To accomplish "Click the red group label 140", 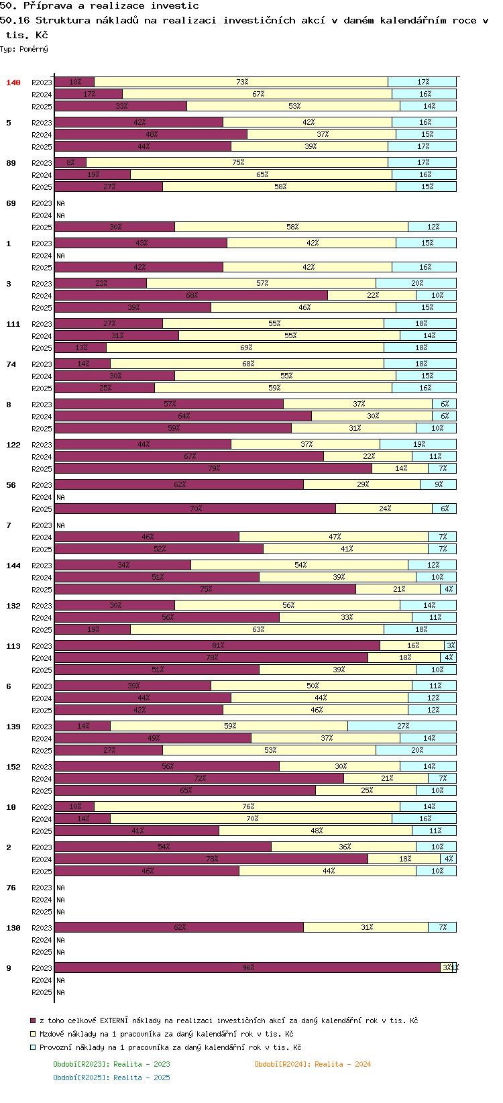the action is pyautogui.click(x=13, y=83).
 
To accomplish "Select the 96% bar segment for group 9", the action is pyautogui.click(x=247, y=967).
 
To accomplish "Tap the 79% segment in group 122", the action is pyautogui.click(x=213, y=468).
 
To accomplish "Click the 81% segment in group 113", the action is pyautogui.click(x=217, y=645).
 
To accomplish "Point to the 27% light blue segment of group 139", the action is pyautogui.click(x=402, y=726).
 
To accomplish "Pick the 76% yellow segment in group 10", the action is pyautogui.click(x=247, y=806).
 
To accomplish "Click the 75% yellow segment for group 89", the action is pyautogui.click(x=237, y=162).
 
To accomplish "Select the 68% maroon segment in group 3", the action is pyautogui.click(x=191, y=295).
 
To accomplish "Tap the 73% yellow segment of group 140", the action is pyautogui.click(x=241, y=82).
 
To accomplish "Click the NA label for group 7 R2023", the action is pyautogui.click(x=60, y=525).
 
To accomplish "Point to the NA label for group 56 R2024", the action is pyautogui.click(x=60, y=497).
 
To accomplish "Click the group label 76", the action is pyautogui.click(x=11, y=888).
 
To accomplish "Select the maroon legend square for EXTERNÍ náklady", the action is pyautogui.click(x=33, y=1020).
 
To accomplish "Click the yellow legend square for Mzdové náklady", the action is pyautogui.click(x=33, y=1034).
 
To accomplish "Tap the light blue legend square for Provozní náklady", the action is pyautogui.click(x=33, y=1047).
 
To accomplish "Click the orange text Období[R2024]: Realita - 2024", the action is pyautogui.click(x=313, y=1064).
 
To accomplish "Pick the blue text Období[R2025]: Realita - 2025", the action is pyautogui.click(x=112, y=1078).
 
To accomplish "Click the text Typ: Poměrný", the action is pyautogui.click(x=24, y=49).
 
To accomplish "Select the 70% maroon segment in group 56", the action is pyautogui.click(x=195, y=509).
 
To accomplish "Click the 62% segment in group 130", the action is pyautogui.click(x=179, y=927).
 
